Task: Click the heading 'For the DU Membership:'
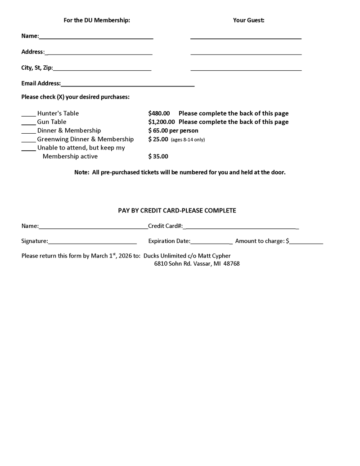tap(97, 20)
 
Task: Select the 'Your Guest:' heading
tap(248, 20)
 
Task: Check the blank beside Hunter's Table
tap(28, 115)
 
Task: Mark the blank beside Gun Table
tap(28, 124)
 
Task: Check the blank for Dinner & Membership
tap(28, 132)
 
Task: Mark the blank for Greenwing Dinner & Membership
tap(28, 141)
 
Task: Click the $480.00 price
tap(159, 113)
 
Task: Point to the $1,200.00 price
tap(162, 122)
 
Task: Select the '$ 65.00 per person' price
tap(173, 131)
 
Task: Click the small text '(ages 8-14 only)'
tap(188, 140)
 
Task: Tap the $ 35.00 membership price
tap(158, 157)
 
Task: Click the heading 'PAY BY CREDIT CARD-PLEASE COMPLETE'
tap(177, 210)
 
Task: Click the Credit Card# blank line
tap(241, 228)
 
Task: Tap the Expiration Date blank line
tap(211, 243)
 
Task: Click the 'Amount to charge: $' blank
tap(306, 243)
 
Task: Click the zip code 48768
tap(231, 264)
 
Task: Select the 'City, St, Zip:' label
tap(37, 68)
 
